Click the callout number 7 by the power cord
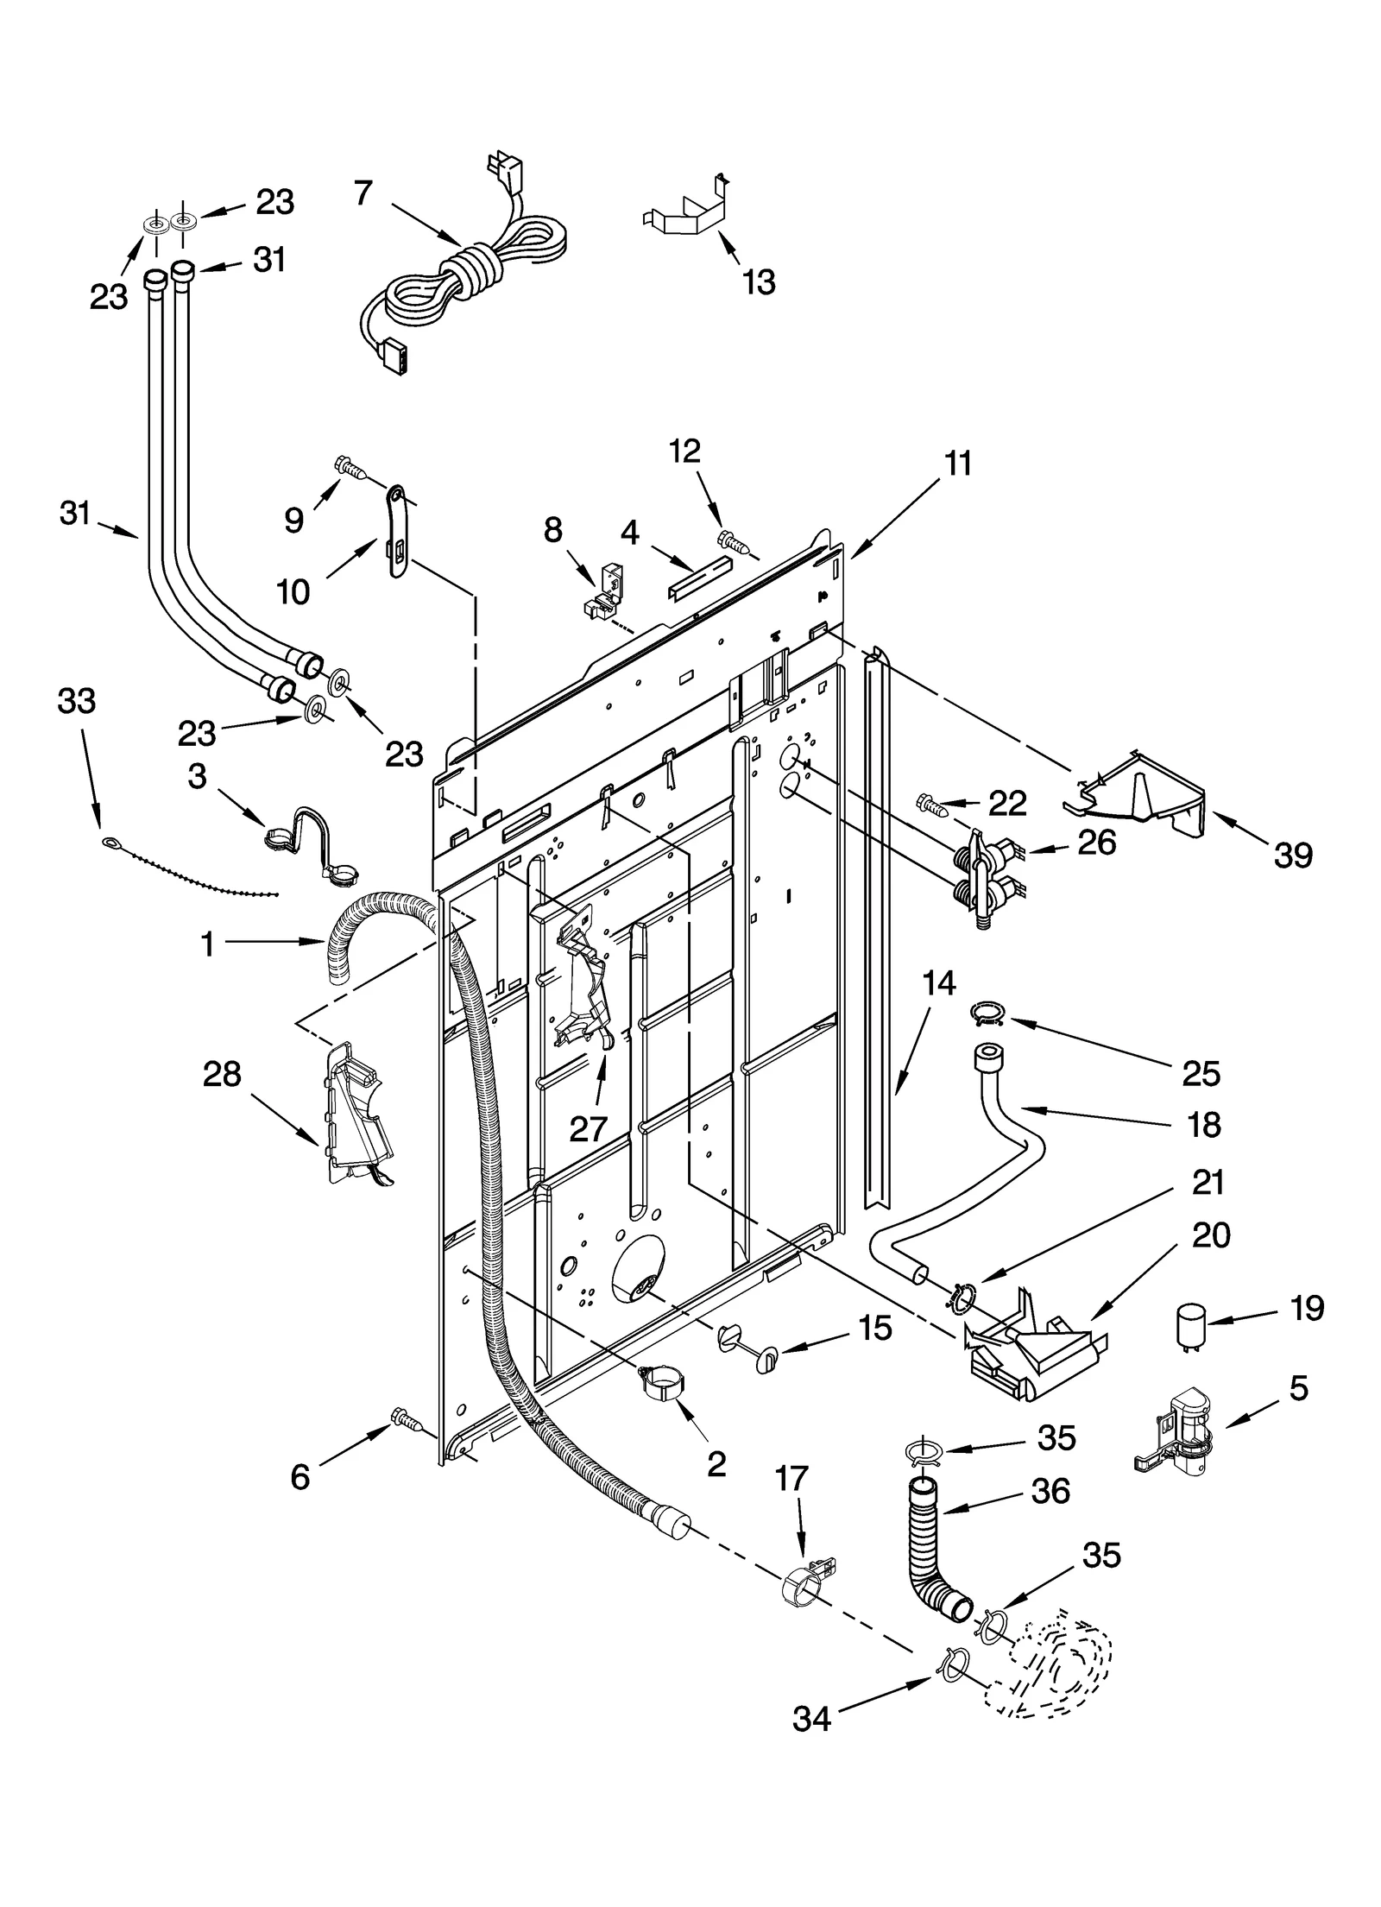(x=363, y=193)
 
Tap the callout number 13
(x=759, y=281)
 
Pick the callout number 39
(x=1292, y=855)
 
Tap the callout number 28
(x=222, y=1075)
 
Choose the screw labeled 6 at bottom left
(x=403, y=1415)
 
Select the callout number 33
(x=76, y=701)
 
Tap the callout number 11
(x=957, y=463)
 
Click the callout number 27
(x=588, y=1127)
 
